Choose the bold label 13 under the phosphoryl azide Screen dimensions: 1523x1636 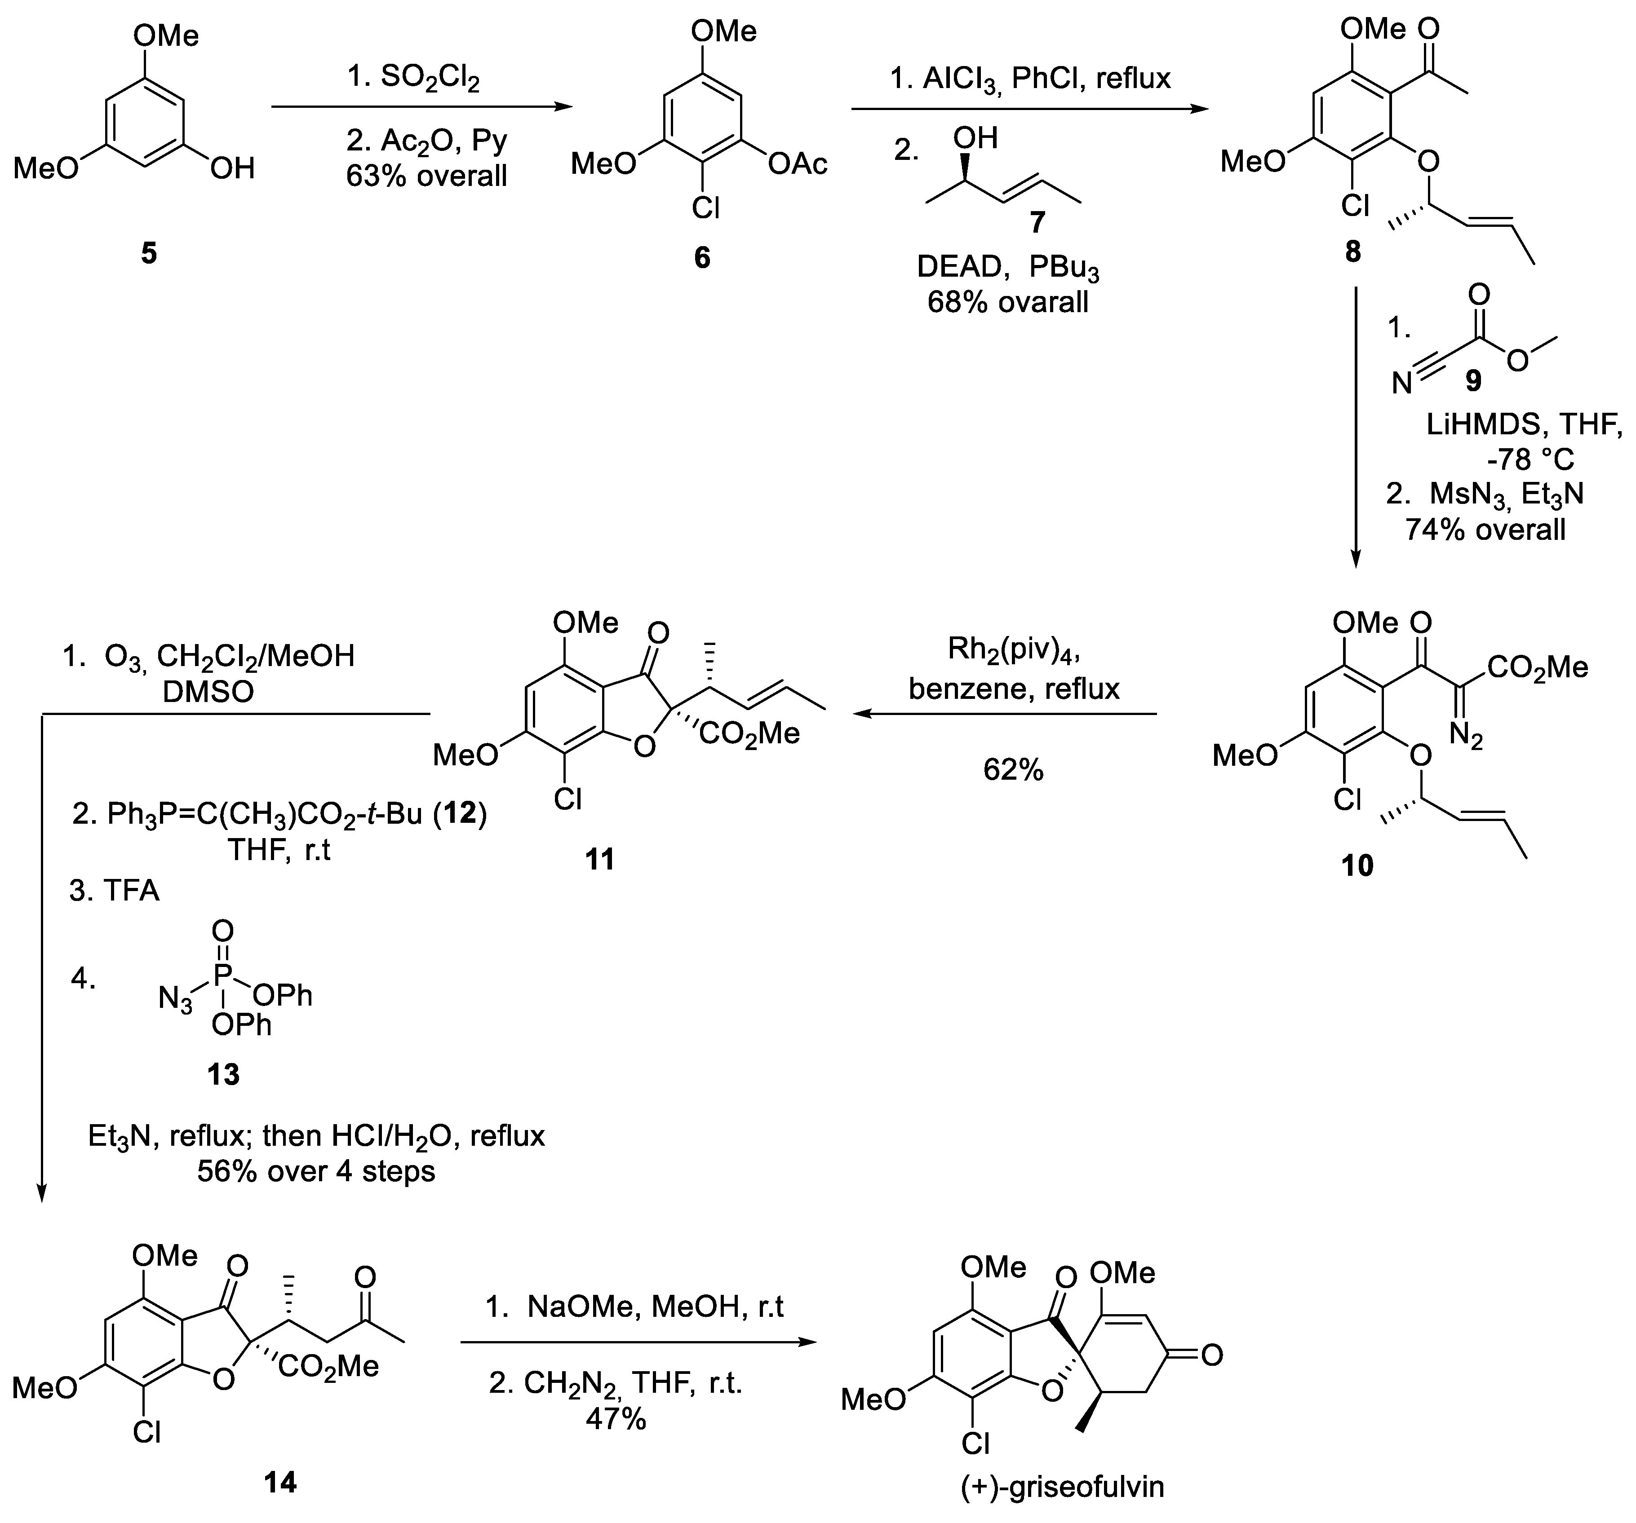224,1074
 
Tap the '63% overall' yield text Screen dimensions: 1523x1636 426,175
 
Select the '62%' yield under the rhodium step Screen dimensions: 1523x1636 1013,769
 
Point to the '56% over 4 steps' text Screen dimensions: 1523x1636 316,1171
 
